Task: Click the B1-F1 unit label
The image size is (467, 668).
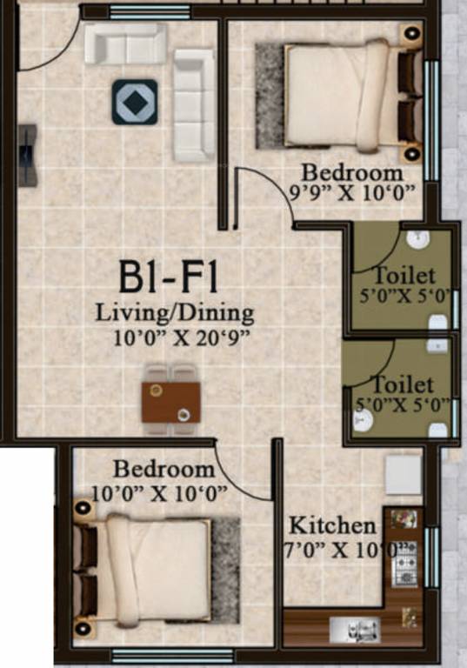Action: point(170,280)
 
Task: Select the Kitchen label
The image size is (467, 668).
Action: point(331,525)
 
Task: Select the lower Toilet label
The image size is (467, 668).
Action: point(402,384)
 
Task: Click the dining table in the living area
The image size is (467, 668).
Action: point(171,399)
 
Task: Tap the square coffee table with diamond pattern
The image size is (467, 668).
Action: point(135,102)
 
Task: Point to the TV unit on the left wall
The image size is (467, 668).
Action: point(28,155)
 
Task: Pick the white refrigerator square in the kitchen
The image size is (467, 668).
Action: point(404,475)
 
